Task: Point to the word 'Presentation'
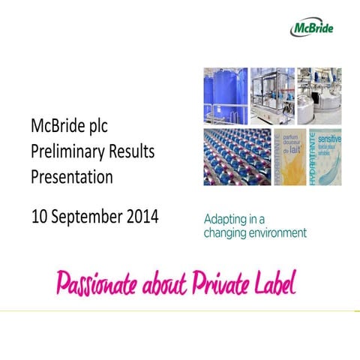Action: [72, 178]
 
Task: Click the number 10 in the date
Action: [40, 217]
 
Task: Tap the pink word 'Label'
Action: [276, 283]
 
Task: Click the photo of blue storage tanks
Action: [226, 95]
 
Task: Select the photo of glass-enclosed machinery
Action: [272, 95]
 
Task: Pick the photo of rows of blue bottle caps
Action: [237, 156]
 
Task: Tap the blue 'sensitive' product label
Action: [315, 156]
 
